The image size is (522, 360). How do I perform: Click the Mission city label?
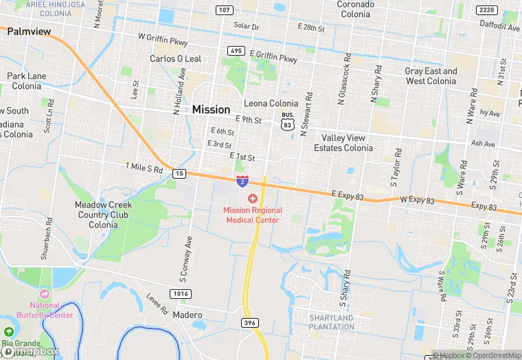tap(211, 109)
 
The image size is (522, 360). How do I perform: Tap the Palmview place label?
tap(29, 31)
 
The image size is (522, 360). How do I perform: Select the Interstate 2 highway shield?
tap(242, 181)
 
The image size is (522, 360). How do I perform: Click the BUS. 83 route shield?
tap(288, 122)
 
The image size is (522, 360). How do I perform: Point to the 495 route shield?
tap(236, 51)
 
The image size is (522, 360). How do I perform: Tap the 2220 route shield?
tap(487, 10)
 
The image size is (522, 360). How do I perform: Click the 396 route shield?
tap(250, 322)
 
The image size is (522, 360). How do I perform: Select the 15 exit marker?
tap(179, 173)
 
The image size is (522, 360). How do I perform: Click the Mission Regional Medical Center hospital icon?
tap(252, 198)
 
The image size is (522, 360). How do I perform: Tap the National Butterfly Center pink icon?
tap(45, 293)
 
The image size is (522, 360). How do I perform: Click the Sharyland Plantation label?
tap(332, 322)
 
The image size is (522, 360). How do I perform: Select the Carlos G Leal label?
tap(176, 59)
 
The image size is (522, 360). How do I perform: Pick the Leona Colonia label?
tap(271, 104)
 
